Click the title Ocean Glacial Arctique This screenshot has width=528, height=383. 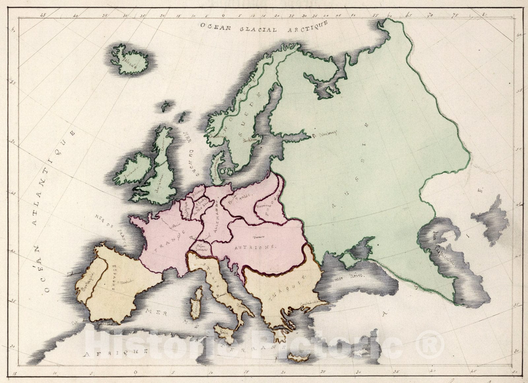264,27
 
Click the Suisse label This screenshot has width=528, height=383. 202,248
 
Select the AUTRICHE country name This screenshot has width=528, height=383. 254,247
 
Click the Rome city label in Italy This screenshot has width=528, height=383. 221,295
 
